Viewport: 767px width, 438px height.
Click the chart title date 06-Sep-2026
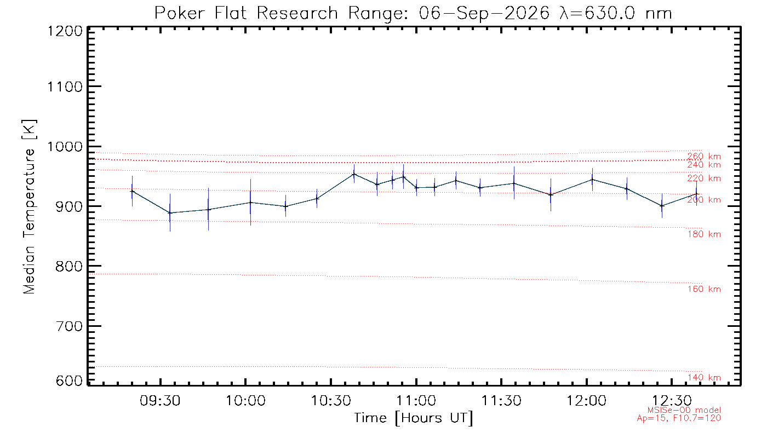tap(484, 13)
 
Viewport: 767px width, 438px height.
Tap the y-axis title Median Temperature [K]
tap(29, 207)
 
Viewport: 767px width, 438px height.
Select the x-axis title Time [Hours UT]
tap(413, 418)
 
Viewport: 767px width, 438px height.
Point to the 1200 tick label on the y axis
tap(65, 31)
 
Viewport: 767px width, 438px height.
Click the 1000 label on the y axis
tap(65, 147)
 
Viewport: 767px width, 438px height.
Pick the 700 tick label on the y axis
tap(69, 326)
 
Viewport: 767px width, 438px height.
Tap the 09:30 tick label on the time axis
tap(160, 401)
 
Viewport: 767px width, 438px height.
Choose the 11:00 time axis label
tap(416, 401)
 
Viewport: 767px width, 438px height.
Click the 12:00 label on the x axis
tap(587, 401)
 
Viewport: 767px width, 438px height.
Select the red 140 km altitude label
tap(705, 377)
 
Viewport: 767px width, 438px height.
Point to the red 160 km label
tap(705, 289)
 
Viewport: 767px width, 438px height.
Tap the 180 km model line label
tap(705, 234)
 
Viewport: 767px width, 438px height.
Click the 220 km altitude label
tap(705, 178)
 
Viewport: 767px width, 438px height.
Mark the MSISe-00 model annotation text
tap(684, 410)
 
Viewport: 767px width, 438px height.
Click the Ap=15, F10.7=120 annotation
tap(679, 418)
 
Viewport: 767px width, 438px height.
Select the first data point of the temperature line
tap(132, 191)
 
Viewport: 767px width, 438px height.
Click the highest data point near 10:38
tap(354, 174)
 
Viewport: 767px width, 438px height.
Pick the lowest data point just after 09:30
tap(170, 213)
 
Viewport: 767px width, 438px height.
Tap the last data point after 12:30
tap(696, 194)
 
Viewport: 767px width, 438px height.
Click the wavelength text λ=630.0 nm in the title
tap(615, 13)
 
